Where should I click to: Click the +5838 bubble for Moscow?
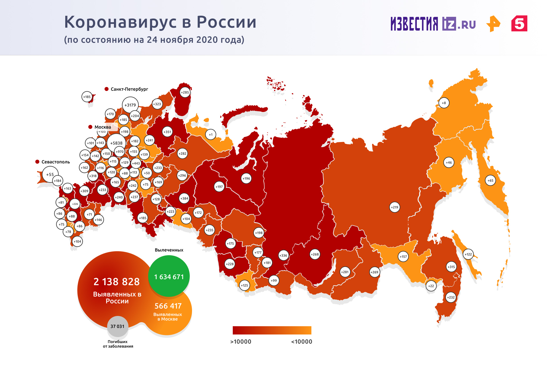coord(116,143)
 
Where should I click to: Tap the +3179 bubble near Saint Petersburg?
coord(130,105)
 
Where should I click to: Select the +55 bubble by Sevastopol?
coord(50,175)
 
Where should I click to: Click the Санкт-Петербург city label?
coord(129,89)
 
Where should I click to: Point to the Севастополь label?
coord(56,162)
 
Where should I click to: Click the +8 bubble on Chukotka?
coord(444,103)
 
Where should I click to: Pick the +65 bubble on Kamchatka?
coord(490,181)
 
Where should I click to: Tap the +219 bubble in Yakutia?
coord(395,207)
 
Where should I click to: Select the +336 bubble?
coord(283,255)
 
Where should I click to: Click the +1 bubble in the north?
coord(211,135)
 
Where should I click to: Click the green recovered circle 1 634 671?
coord(169,276)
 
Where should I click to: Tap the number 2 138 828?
coord(117,282)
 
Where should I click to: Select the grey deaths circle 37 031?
coord(117,326)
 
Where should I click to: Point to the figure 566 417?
coord(168,306)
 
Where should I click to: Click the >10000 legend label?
coord(241,342)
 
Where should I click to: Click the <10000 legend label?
coord(301,342)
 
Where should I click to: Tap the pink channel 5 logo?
coord(519,24)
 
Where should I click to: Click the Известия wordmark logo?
coord(414,24)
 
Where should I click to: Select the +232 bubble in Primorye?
coord(451,297)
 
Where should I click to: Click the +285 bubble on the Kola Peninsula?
coord(185,92)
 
